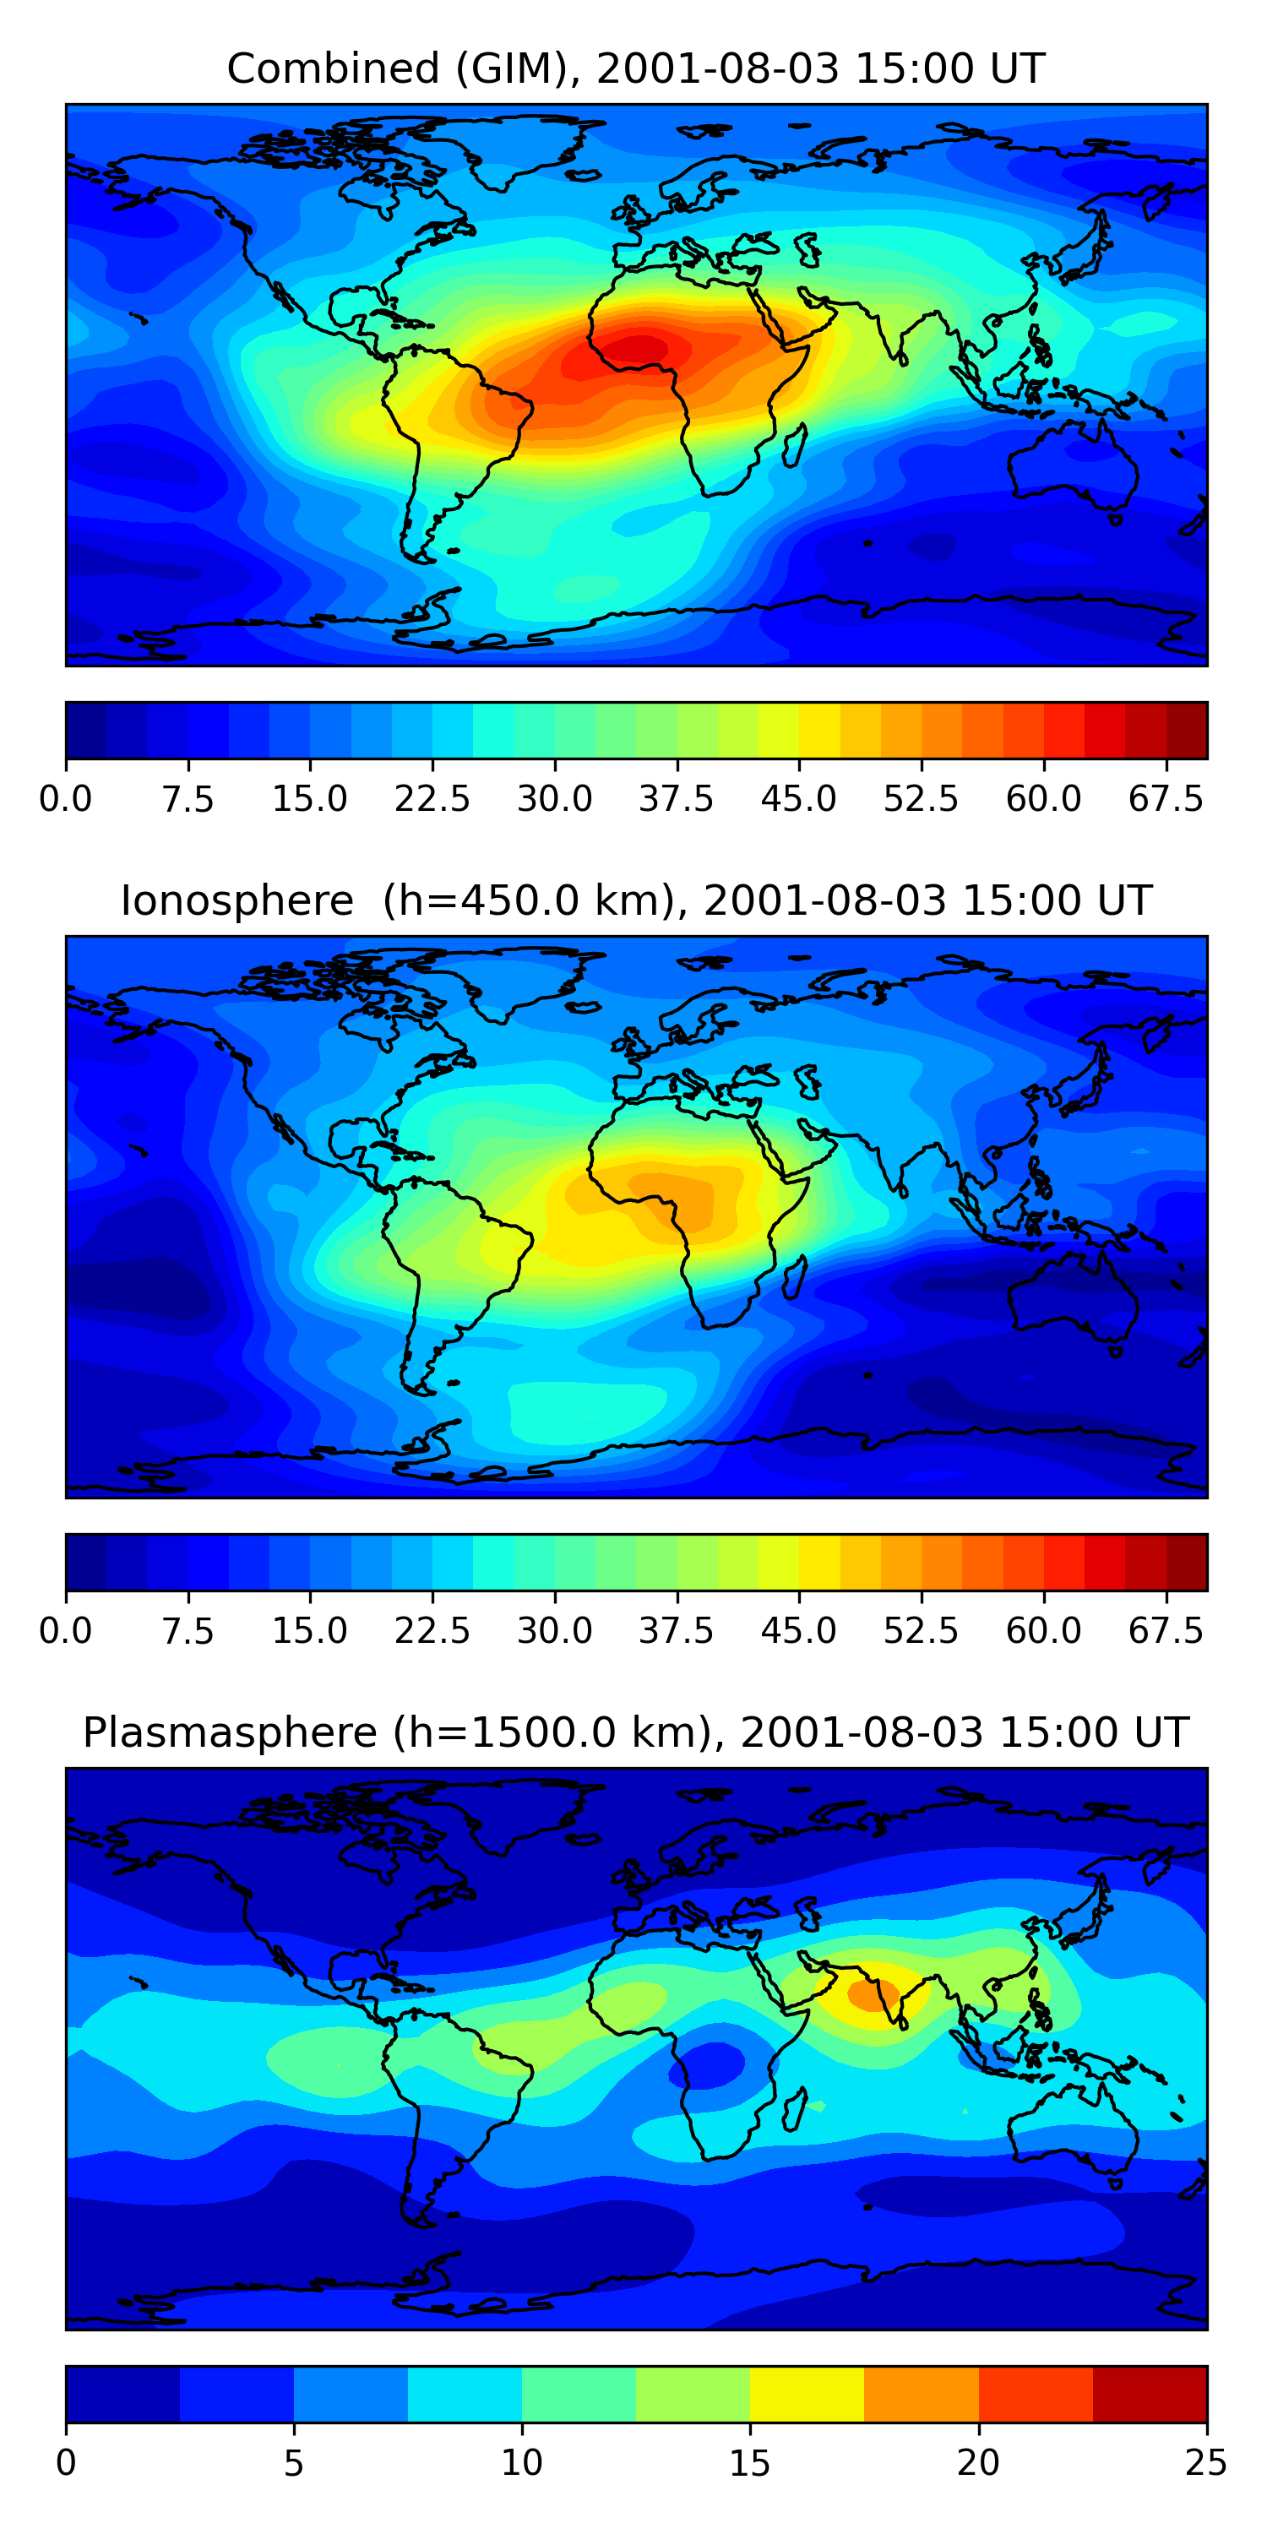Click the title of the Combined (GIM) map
(634, 69)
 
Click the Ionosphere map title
(634, 901)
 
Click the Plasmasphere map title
(634, 1732)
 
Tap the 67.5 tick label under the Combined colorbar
(1166, 799)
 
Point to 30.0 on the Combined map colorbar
(555, 799)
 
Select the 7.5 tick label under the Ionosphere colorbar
(188, 1631)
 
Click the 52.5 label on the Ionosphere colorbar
(921, 1631)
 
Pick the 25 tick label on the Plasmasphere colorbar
(1206, 2463)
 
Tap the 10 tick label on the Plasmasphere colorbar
(521, 2463)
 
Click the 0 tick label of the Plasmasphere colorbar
(66, 2463)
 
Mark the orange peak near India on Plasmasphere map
(873, 1995)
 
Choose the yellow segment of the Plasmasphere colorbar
(807, 2393)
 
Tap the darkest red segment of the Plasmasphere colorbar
(1149, 2393)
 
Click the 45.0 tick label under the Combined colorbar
(799, 799)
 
